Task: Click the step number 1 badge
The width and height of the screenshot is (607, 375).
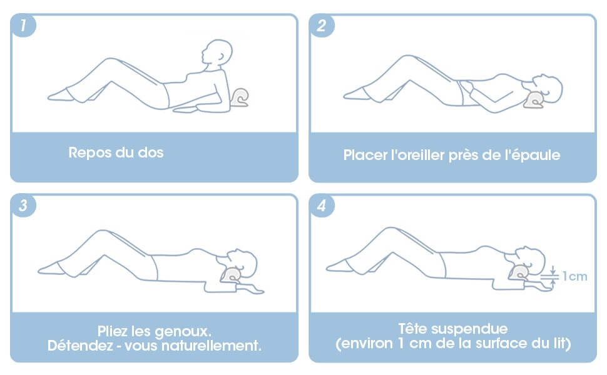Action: point(23,26)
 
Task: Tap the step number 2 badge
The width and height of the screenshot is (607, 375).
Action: point(322,26)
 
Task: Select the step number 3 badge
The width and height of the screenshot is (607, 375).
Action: point(23,206)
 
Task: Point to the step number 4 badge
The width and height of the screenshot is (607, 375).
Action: point(322,206)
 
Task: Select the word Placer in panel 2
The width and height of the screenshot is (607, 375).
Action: point(364,154)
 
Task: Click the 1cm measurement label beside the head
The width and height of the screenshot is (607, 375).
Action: point(574,276)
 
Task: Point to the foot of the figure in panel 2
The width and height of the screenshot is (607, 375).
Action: point(354,94)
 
